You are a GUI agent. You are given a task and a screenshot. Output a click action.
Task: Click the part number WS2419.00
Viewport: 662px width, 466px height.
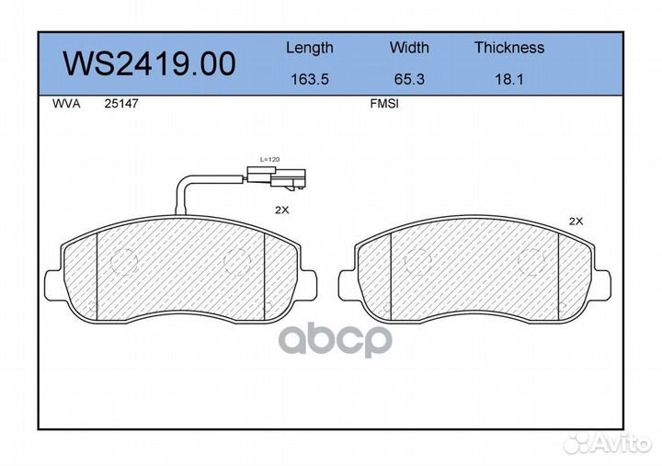click(x=149, y=63)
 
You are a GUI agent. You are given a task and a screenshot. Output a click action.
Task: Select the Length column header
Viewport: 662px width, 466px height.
click(x=310, y=48)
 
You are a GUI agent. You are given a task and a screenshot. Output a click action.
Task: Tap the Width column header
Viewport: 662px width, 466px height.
click(x=409, y=47)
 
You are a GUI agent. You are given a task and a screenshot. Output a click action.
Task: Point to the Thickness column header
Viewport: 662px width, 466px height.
click(x=509, y=47)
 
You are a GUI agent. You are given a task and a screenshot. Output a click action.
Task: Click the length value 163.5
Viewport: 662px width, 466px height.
click(x=310, y=79)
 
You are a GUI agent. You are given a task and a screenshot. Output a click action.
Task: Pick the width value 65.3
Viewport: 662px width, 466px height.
click(x=409, y=79)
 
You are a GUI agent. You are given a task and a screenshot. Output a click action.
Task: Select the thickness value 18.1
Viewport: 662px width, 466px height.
click(x=509, y=79)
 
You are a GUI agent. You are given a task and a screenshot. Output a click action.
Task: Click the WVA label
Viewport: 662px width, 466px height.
click(x=66, y=104)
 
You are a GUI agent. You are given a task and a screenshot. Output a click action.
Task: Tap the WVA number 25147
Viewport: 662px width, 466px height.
click(x=121, y=104)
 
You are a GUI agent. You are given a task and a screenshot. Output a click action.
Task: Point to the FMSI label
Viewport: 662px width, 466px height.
click(x=384, y=104)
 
